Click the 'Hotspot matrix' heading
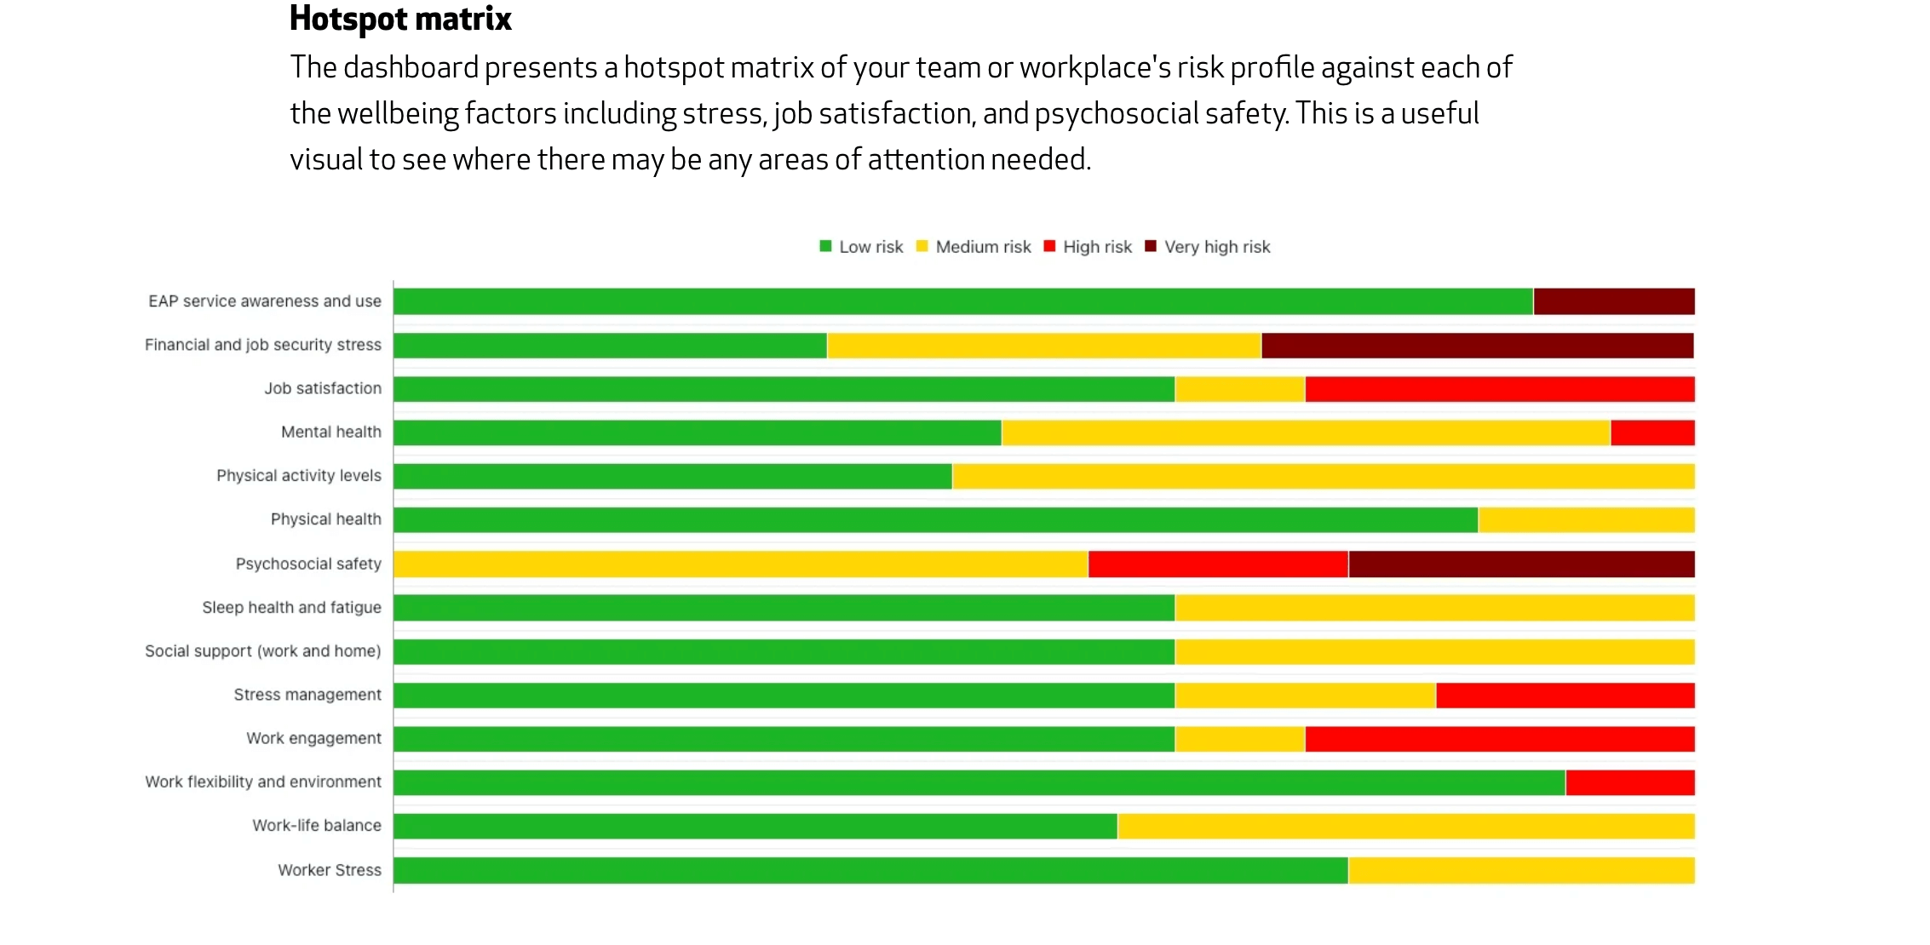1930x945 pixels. tap(400, 19)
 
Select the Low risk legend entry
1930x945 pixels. tap(861, 247)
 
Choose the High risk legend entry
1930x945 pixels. tap(1088, 247)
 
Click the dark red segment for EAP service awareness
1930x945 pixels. tap(1613, 301)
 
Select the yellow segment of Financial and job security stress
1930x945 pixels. tap(1043, 346)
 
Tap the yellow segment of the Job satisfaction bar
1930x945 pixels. tap(1239, 389)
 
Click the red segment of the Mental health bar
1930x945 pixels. tap(1651, 432)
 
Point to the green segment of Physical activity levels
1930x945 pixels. tap(673, 476)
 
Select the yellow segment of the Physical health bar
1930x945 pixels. tap(1586, 520)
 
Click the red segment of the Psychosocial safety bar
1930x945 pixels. tap(1218, 564)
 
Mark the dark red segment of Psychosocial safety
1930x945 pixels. tap(1521, 564)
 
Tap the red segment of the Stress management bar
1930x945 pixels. tap(1565, 696)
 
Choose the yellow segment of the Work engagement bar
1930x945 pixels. tap(1239, 739)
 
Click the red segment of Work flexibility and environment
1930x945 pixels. tap(1629, 782)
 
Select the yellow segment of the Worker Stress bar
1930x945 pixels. tap(1521, 870)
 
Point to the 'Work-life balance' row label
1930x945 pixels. tap(317, 826)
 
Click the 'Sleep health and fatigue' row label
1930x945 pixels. tap(291, 608)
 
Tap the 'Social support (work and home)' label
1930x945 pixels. tap(263, 651)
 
